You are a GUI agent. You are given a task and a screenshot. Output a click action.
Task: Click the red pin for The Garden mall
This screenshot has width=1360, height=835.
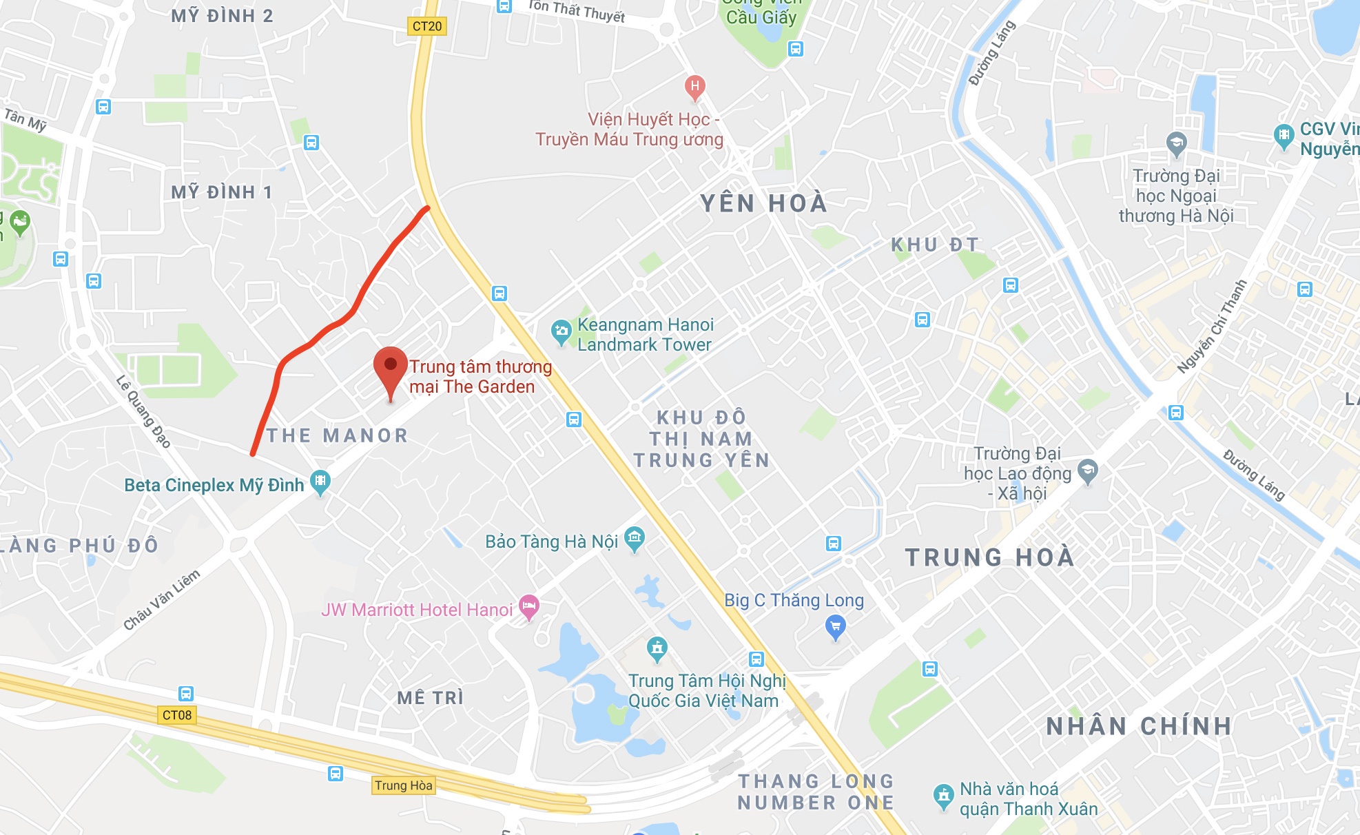390,366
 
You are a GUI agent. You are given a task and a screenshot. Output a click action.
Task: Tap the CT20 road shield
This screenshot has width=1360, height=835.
427,26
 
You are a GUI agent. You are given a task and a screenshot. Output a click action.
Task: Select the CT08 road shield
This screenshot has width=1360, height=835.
177,715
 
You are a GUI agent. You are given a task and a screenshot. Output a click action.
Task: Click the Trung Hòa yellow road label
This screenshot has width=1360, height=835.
404,785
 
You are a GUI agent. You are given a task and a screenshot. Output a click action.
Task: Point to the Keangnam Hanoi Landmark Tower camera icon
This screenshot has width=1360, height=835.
561,331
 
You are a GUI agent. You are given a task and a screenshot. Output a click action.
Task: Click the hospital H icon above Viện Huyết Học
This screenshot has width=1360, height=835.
694,87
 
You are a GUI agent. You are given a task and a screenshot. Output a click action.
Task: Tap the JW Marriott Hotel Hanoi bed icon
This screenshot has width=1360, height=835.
528,606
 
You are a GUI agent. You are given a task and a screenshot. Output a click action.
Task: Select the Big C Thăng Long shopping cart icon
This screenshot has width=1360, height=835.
835,626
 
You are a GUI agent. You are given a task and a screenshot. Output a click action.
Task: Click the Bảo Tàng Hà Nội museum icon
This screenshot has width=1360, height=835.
634,537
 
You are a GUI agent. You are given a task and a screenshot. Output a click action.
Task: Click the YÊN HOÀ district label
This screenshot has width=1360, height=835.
763,203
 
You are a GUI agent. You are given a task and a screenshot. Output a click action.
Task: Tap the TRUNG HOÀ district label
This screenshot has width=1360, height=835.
989,557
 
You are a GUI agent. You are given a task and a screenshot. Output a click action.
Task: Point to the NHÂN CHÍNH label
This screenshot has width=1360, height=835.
1139,726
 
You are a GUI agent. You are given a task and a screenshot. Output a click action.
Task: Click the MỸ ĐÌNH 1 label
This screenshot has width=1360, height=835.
222,192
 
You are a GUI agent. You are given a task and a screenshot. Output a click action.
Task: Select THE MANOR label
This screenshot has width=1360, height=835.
338,435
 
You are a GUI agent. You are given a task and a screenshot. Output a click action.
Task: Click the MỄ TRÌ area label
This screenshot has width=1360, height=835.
431,698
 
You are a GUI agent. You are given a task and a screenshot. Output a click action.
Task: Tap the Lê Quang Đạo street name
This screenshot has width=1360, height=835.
143,411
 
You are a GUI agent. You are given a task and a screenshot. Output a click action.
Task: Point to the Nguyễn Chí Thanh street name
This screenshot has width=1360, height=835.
1212,327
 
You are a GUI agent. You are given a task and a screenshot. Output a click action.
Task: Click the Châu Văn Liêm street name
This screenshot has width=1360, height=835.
162,599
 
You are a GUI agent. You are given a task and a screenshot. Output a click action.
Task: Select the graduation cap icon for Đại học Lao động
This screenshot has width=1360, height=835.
1087,471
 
